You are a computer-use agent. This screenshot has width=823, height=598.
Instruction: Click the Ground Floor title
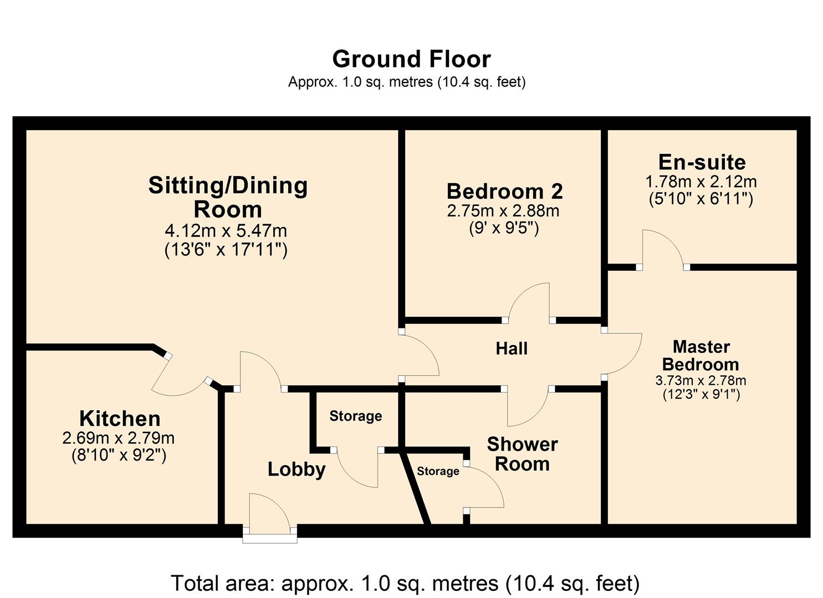point(411,59)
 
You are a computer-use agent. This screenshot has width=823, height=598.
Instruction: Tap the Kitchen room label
point(120,418)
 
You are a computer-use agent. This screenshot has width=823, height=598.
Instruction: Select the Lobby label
point(297,470)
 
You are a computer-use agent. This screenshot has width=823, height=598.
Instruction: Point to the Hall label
point(512,349)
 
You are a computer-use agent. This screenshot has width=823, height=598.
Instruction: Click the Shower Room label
point(522,454)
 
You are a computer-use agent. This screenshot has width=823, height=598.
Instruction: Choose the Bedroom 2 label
point(504,192)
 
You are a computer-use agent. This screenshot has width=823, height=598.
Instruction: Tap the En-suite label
point(702,162)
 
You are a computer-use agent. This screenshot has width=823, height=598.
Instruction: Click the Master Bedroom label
point(701,355)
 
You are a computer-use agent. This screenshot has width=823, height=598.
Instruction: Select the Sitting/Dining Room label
point(228,197)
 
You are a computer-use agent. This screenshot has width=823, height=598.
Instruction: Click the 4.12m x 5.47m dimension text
point(226,230)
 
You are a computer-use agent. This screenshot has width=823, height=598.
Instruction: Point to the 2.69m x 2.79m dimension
point(119,439)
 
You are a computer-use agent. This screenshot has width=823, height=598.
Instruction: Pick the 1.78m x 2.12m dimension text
point(701,182)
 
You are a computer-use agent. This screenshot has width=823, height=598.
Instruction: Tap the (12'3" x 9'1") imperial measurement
point(701,395)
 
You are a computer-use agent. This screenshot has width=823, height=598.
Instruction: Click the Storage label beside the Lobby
point(355,416)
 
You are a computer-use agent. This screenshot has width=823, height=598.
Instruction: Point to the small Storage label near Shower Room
point(438,471)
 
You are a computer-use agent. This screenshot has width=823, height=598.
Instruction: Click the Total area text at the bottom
point(405,584)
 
